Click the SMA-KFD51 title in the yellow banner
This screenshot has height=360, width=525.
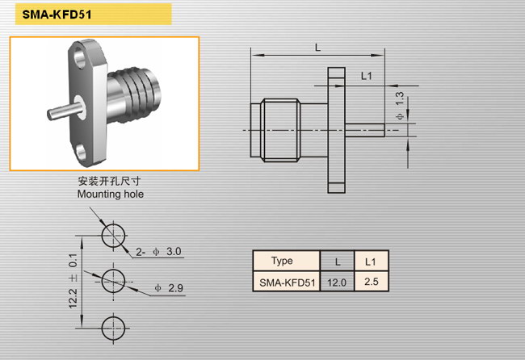click(x=57, y=15)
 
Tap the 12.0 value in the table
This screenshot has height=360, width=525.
click(x=337, y=283)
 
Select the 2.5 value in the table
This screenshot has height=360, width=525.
click(x=372, y=282)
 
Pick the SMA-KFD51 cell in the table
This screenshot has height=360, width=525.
click(x=287, y=283)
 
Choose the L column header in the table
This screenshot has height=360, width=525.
click(x=337, y=262)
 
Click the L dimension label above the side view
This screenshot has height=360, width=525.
click(x=317, y=48)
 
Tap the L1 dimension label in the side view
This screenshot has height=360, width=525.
click(x=367, y=76)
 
